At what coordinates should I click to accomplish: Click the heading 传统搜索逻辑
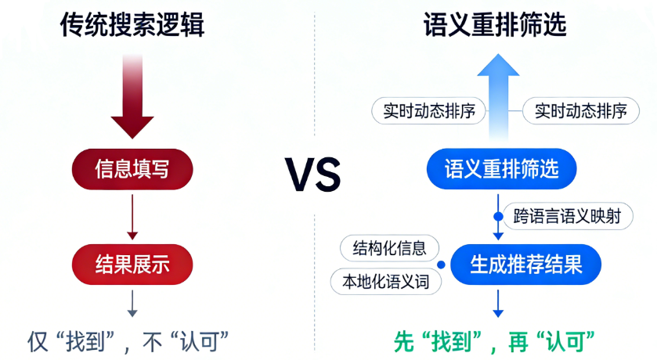point(132,25)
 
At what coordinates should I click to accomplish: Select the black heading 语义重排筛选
point(495,25)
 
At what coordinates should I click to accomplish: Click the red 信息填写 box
point(132,168)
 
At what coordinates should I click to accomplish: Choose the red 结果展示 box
point(132,264)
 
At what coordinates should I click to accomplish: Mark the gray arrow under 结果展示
point(132,304)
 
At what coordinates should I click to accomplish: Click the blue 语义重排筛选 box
point(502,168)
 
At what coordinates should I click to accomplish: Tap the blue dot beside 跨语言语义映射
point(498,216)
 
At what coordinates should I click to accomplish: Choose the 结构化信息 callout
point(390,249)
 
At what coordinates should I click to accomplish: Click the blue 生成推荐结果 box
point(526,264)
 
